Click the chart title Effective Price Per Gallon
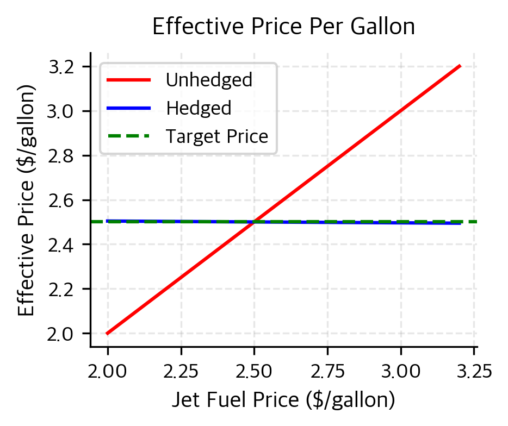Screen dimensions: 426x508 [x=283, y=27]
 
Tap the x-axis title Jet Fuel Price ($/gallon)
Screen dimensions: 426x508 [x=283, y=400]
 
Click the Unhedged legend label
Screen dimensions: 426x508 [x=209, y=80]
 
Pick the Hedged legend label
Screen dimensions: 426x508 [x=199, y=108]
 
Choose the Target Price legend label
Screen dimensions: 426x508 [x=217, y=136]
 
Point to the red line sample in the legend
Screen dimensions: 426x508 [x=128, y=80]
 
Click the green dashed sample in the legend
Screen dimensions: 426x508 [x=128, y=136]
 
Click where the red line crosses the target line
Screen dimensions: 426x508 [x=254, y=222]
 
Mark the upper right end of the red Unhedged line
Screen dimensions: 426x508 [x=460, y=66]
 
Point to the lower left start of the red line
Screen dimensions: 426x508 [x=108, y=333]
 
